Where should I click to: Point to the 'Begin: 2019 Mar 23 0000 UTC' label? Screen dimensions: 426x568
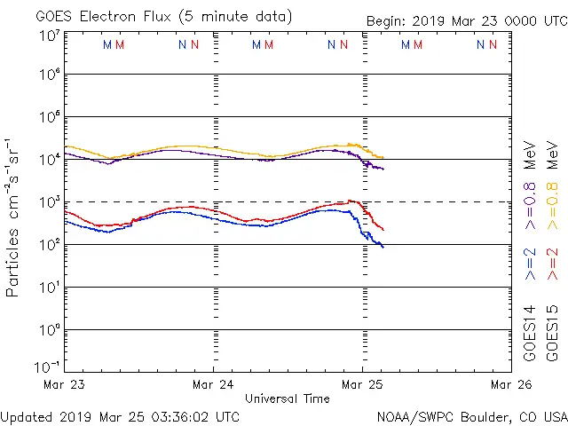pos(466,22)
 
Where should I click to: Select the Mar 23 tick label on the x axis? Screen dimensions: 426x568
pos(63,384)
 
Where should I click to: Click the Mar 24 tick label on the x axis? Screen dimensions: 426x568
pos(213,384)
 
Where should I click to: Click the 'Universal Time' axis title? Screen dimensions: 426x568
pos(287,398)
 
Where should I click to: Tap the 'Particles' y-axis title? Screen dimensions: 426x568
pos(13,257)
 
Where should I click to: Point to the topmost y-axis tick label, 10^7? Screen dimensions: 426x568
pos(49,35)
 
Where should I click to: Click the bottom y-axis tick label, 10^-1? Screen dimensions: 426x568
pos(49,366)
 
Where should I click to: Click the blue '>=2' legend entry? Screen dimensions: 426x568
pos(530,264)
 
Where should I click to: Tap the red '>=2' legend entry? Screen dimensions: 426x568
pos(553,264)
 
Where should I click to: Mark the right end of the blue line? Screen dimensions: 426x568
pos(383,246)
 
